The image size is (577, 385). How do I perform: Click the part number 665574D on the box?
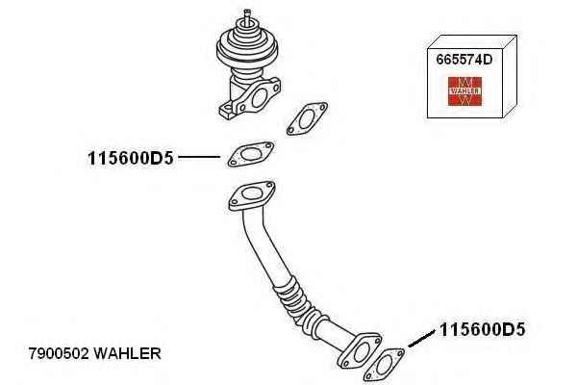(464, 60)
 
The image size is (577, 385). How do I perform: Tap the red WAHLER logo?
(464, 91)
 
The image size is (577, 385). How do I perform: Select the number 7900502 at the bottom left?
(59, 353)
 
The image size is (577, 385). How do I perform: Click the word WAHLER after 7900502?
(127, 353)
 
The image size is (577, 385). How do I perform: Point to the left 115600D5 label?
(130, 159)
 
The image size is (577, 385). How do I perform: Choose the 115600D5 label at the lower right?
(482, 329)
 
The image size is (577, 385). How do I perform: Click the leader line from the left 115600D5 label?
(199, 157)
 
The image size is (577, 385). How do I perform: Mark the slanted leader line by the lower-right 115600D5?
(421, 339)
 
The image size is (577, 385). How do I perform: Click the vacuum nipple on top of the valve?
(247, 17)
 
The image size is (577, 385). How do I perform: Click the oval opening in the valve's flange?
(260, 97)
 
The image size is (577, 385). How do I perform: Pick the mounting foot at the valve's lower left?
(227, 110)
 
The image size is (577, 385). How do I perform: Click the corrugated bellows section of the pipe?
(298, 303)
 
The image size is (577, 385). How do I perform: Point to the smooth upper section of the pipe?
(262, 244)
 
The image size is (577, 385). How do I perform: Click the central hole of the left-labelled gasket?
(251, 154)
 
